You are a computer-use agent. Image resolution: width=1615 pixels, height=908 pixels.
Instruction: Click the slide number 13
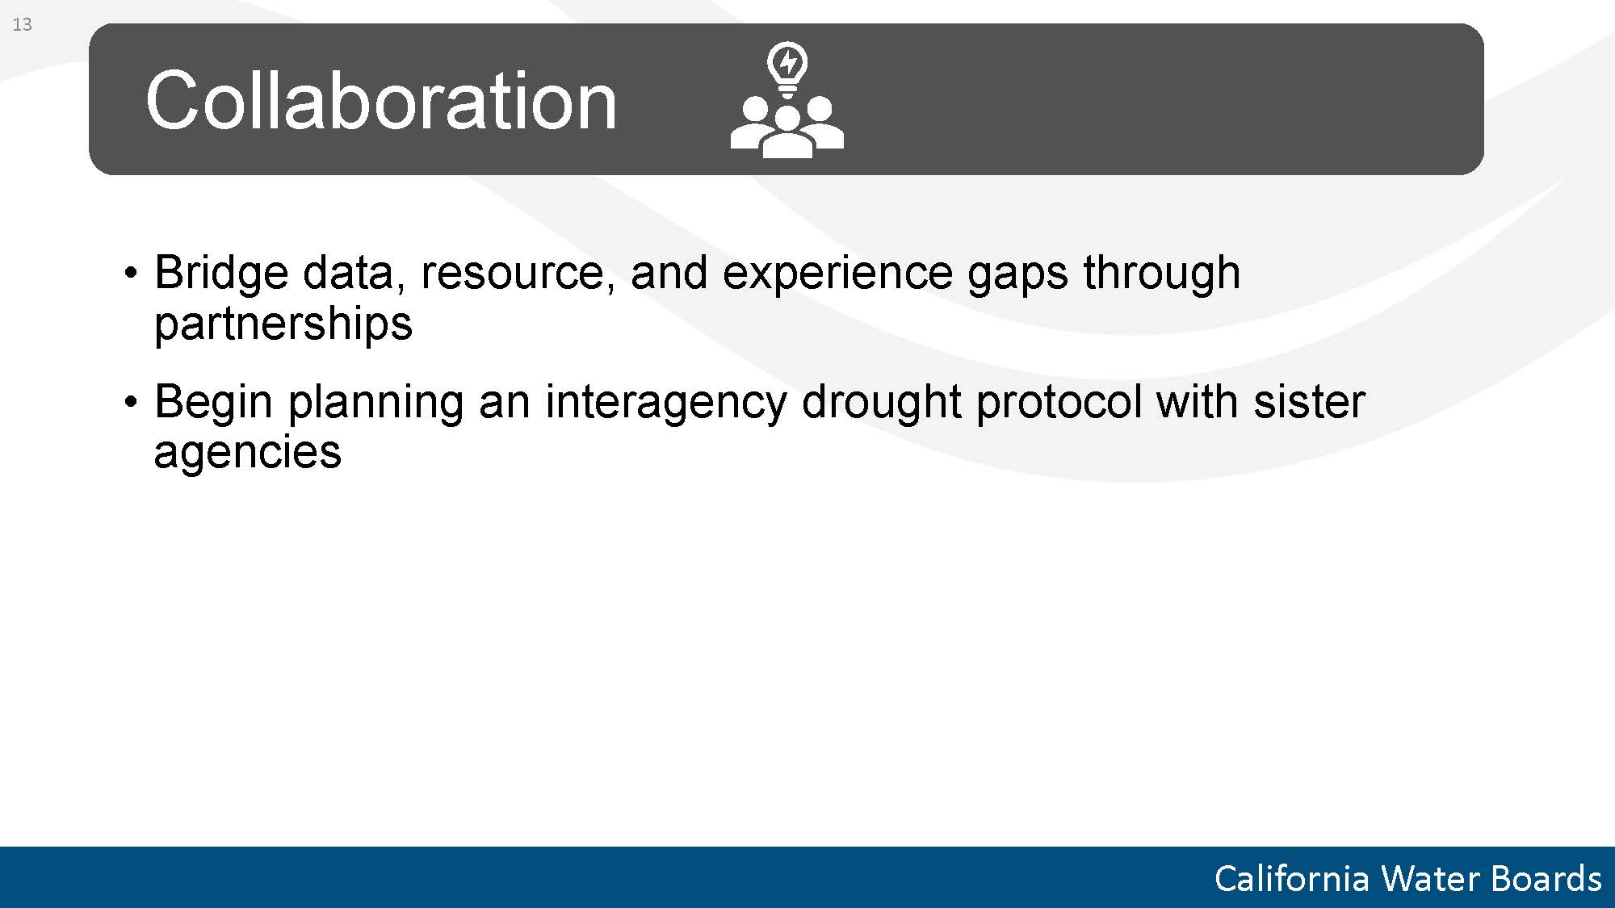pyautogui.click(x=23, y=25)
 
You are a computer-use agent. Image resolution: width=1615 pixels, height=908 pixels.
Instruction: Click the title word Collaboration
pyautogui.click(x=381, y=100)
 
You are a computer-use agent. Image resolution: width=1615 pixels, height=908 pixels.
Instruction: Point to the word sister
pyautogui.click(x=1309, y=402)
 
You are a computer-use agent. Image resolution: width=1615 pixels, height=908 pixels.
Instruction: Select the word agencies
pyautogui.click(x=247, y=453)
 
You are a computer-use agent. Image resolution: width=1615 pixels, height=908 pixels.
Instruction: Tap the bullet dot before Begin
pyautogui.click(x=131, y=403)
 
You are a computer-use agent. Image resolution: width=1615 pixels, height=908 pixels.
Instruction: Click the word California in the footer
pyautogui.click(x=1291, y=879)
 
